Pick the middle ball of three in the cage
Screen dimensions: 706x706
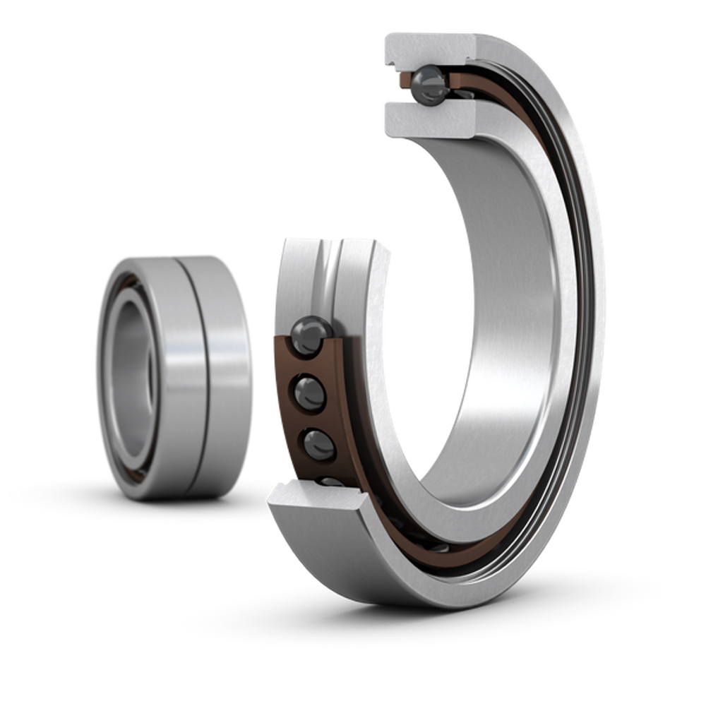click(x=308, y=390)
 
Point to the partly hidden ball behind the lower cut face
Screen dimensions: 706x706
click(x=329, y=482)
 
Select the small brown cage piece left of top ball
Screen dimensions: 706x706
click(x=403, y=79)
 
